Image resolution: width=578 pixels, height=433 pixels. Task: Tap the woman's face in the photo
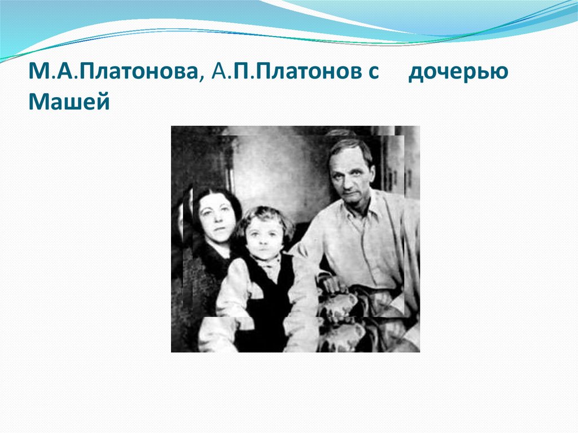[216, 217]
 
